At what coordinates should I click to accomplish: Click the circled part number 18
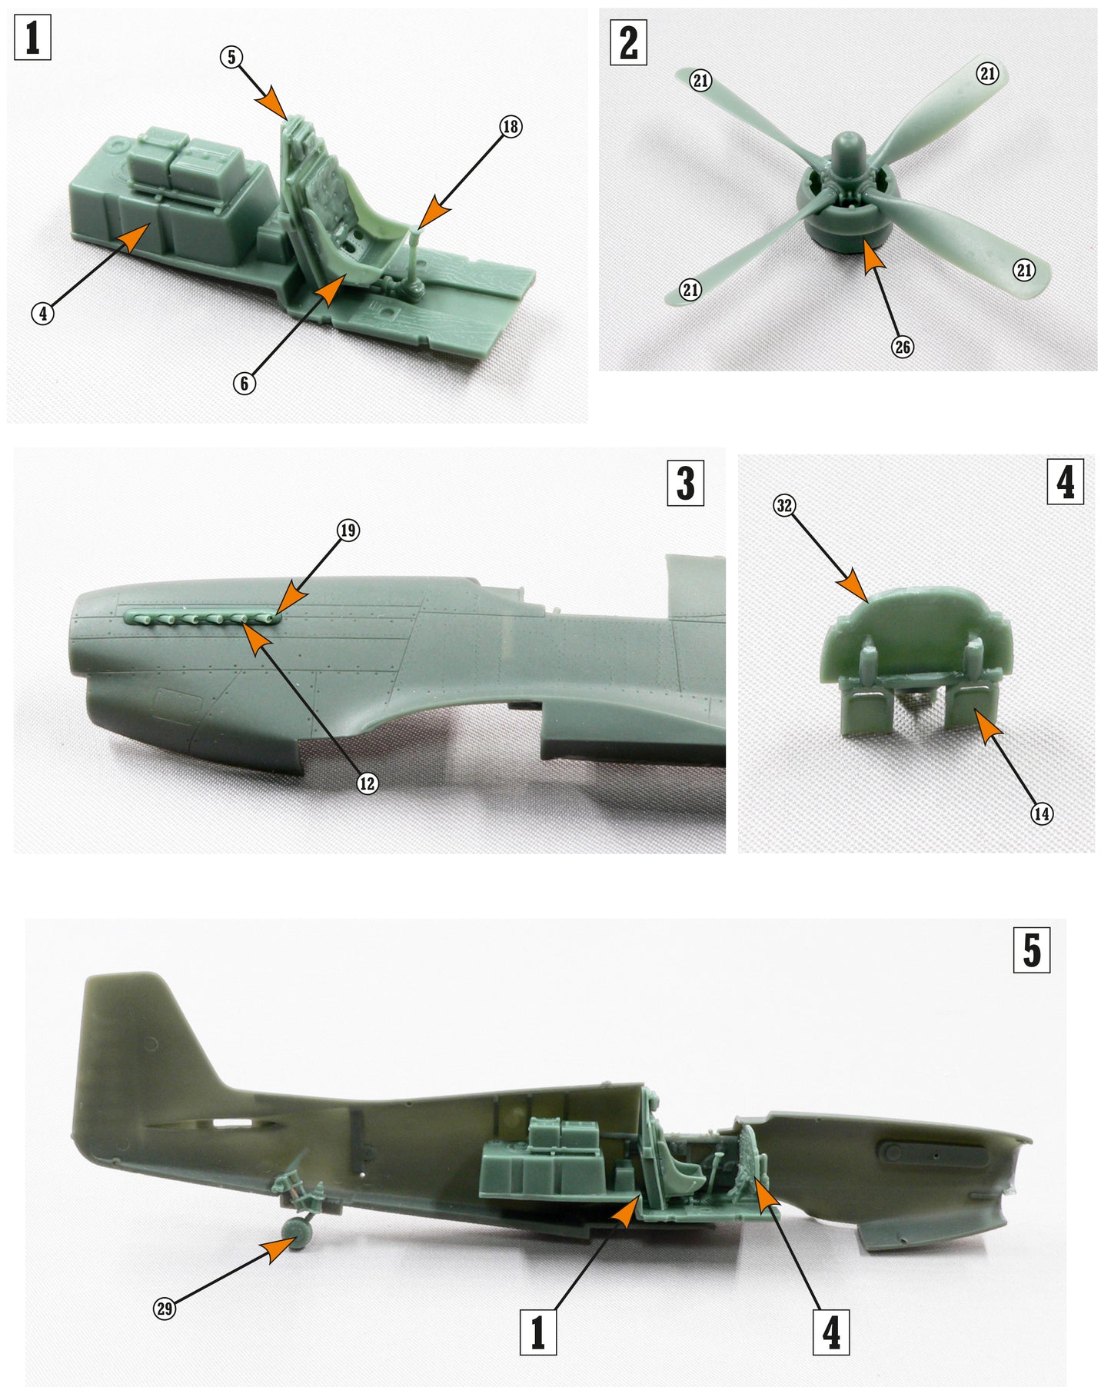click(x=511, y=126)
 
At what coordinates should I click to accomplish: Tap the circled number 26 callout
click(x=902, y=347)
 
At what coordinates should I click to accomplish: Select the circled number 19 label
click(x=348, y=530)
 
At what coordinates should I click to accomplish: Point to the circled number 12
click(x=368, y=783)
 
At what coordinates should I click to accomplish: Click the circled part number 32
click(x=783, y=505)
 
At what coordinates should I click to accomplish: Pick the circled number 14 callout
click(x=1042, y=813)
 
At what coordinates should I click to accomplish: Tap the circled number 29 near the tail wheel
click(x=165, y=1308)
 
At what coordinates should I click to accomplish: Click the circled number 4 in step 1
click(x=43, y=313)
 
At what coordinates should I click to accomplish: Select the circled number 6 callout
click(x=244, y=383)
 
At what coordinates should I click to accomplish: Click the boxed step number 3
click(x=685, y=483)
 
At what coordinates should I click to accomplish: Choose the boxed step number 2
click(x=628, y=43)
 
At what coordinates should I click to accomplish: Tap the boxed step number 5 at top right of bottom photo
click(x=1032, y=950)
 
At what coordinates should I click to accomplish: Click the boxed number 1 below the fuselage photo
click(x=538, y=1332)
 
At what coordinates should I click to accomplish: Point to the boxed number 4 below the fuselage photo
click(x=831, y=1332)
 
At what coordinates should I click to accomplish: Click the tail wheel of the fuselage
click(x=297, y=1231)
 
